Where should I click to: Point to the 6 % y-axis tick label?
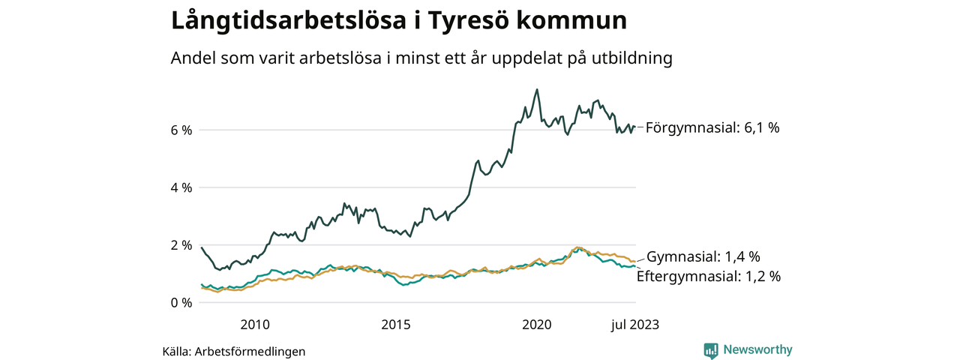182,130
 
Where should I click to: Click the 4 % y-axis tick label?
182,187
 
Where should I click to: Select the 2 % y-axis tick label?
182,245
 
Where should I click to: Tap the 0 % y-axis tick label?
182,303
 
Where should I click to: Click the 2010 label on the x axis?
255,325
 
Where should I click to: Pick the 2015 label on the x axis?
396,325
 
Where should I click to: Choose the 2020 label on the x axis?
537,325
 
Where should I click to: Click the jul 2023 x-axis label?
634,325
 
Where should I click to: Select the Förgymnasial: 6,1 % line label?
712,127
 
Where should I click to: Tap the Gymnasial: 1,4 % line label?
703,256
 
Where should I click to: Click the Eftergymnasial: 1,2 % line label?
708,276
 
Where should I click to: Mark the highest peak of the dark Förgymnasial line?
537,89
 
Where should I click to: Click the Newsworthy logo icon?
711,350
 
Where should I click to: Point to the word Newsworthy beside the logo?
757,350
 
